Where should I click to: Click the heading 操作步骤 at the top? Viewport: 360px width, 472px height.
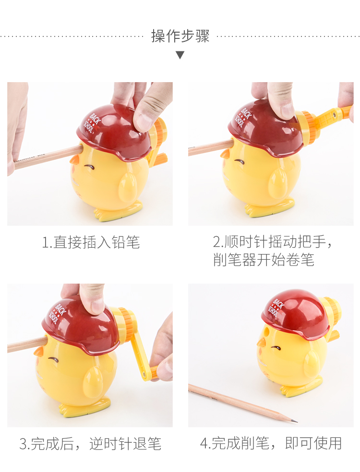click(x=180, y=36)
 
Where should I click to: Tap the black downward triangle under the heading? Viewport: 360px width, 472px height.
click(x=180, y=55)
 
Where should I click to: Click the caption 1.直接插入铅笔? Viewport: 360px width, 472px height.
click(x=91, y=242)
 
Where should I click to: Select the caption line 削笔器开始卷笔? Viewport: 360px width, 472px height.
click(x=264, y=260)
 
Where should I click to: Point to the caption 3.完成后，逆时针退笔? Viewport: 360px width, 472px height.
click(x=90, y=444)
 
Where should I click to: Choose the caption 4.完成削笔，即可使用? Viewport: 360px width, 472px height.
click(x=271, y=443)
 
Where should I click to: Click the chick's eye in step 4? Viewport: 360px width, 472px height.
click(x=276, y=348)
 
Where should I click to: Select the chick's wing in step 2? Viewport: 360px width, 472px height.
click(x=277, y=183)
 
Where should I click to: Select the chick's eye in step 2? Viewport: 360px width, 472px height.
click(x=239, y=162)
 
